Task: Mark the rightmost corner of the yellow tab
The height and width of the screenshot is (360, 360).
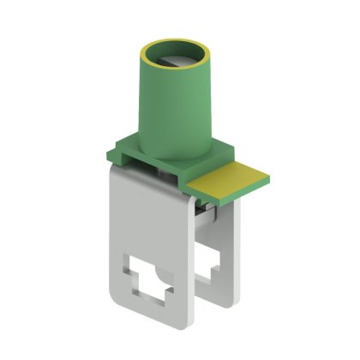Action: coord(268,179)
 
